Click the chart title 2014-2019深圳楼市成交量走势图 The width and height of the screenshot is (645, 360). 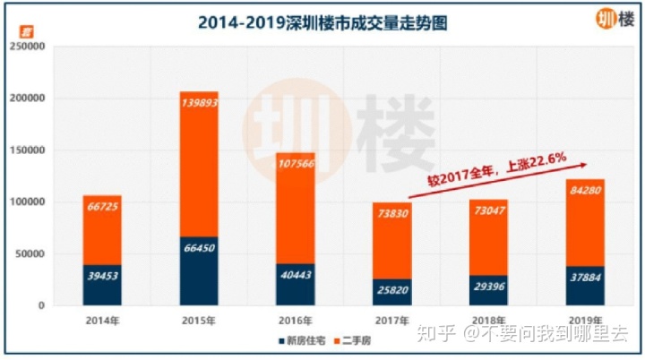[322, 22]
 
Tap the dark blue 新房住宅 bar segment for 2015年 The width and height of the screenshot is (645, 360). [199, 271]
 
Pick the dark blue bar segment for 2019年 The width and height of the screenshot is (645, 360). [586, 286]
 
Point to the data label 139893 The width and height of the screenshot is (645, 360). [199, 104]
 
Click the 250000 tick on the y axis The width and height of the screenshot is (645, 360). [28, 47]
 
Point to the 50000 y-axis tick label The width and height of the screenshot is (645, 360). [30, 253]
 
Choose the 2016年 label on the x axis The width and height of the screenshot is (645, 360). [296, 320]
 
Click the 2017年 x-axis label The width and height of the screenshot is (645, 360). [392, 320]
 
